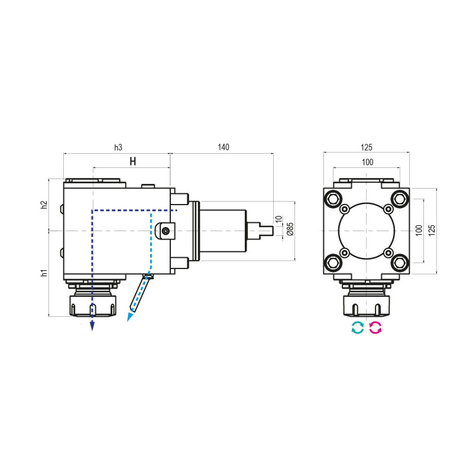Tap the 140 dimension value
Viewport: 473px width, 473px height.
(223, 147)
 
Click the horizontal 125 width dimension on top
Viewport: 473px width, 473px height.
(367, 147)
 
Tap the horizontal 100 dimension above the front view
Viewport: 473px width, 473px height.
(367, 161)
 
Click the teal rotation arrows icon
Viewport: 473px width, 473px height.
(357, 328)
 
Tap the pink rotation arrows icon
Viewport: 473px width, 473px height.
(375, 328)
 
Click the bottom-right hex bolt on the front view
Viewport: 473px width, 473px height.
(400, 261)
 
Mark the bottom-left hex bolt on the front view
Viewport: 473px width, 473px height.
(333, 261)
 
